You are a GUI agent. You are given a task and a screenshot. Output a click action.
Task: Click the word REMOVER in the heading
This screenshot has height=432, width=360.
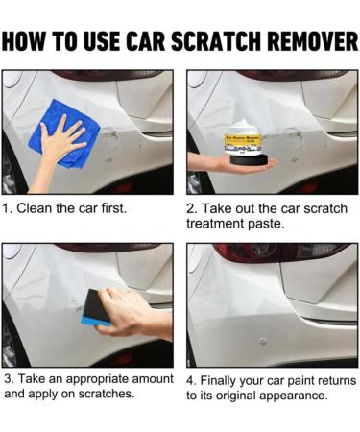pos(313,41)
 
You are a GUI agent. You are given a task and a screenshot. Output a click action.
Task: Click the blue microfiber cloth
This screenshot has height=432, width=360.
pos(64,133)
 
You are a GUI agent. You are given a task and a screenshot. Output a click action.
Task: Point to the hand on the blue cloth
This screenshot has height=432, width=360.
pos(60,141)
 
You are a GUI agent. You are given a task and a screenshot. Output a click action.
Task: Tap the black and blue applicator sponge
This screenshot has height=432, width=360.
pos(96,307)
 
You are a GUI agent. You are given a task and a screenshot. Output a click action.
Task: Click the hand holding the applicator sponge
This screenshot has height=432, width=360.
pos(134,314)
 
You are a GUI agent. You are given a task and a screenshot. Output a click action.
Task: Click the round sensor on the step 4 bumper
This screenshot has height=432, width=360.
pos(263,342)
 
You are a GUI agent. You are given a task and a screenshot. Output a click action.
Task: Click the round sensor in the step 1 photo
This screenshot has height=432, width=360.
pos(109,158)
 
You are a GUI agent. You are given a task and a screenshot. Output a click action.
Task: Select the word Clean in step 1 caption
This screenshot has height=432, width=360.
pos(34,208)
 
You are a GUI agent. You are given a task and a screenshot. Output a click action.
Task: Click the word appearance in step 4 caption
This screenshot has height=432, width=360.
pos(294,396)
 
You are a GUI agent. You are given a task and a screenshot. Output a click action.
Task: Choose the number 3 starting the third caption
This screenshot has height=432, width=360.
pos(9,379)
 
